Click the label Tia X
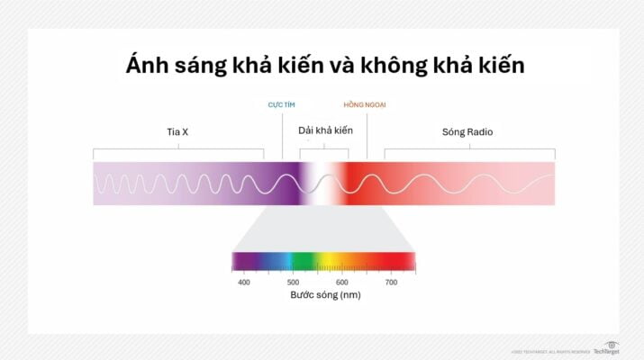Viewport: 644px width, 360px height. pyautogui.click(x=177, y=132)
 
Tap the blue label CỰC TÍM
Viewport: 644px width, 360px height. pyautogui.click(x=282, y=105)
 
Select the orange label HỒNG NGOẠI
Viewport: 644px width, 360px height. pyautogui.click(x=365, y=105)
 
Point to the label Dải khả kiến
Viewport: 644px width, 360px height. pyautogui.click(x=325, y=131)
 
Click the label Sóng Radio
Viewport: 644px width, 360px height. pyautogui.click(x=467, y=132)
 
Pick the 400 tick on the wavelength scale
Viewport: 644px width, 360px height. pyautogui.click(x=243, y=282)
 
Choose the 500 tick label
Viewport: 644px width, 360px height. pyautogui.click(x=293, y=282)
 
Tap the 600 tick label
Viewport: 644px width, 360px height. pyautogui.click(x=342, y=282)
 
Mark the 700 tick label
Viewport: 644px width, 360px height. pyautogui.click(x=391, y=282)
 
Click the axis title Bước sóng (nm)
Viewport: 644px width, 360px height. pyautogui.click(x=325, y=295)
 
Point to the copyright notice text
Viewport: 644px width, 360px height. pyautogui.click(x=549, y=351)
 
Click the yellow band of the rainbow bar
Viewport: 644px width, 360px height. pyautogui.click(x=331, y=261)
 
